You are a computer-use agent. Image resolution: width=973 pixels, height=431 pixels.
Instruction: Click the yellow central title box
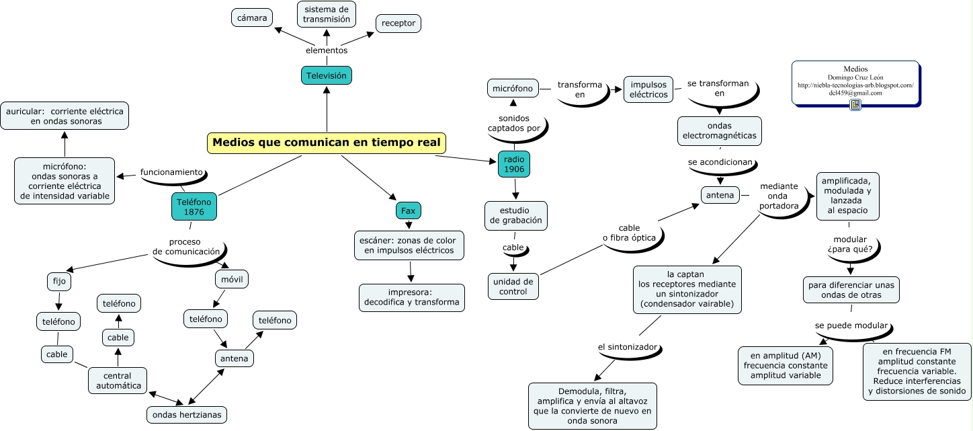[x=327, y=143]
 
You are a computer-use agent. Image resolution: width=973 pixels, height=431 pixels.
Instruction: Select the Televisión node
[x=327, y=76]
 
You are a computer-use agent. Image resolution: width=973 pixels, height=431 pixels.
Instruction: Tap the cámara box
[x=252, y=17]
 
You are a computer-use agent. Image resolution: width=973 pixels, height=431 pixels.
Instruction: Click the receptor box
[x=398, y=24]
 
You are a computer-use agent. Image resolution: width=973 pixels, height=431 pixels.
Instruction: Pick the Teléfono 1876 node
[x=194, y=206]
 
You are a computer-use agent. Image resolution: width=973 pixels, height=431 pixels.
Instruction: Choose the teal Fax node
[x=408, y=211]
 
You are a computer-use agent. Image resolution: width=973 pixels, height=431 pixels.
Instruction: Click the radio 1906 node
[x=514, y=164]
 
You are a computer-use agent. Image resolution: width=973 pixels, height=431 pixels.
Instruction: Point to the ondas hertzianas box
[x=187, y=414]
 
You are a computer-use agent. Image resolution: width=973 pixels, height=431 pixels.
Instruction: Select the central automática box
[x=118, y=381]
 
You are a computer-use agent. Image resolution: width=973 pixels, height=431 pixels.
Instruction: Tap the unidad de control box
[x=513, y=286]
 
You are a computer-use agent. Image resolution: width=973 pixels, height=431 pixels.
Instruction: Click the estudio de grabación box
[x=516, y=215]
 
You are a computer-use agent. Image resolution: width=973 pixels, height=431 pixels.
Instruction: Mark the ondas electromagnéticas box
[x=719, y=130]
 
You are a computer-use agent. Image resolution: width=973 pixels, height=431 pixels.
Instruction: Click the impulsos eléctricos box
[x=648, y=89]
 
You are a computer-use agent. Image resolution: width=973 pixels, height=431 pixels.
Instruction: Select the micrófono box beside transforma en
[x=513, y=88]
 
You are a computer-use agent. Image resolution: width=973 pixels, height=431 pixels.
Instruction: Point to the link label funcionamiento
[x=171, y=172]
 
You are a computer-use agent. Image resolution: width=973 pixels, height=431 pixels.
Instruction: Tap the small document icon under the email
[x=855, y=105]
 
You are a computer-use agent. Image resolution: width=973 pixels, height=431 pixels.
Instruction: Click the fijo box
[x=57, y=280]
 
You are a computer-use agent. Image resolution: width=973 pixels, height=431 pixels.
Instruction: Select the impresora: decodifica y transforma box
[x=411, y=297]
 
